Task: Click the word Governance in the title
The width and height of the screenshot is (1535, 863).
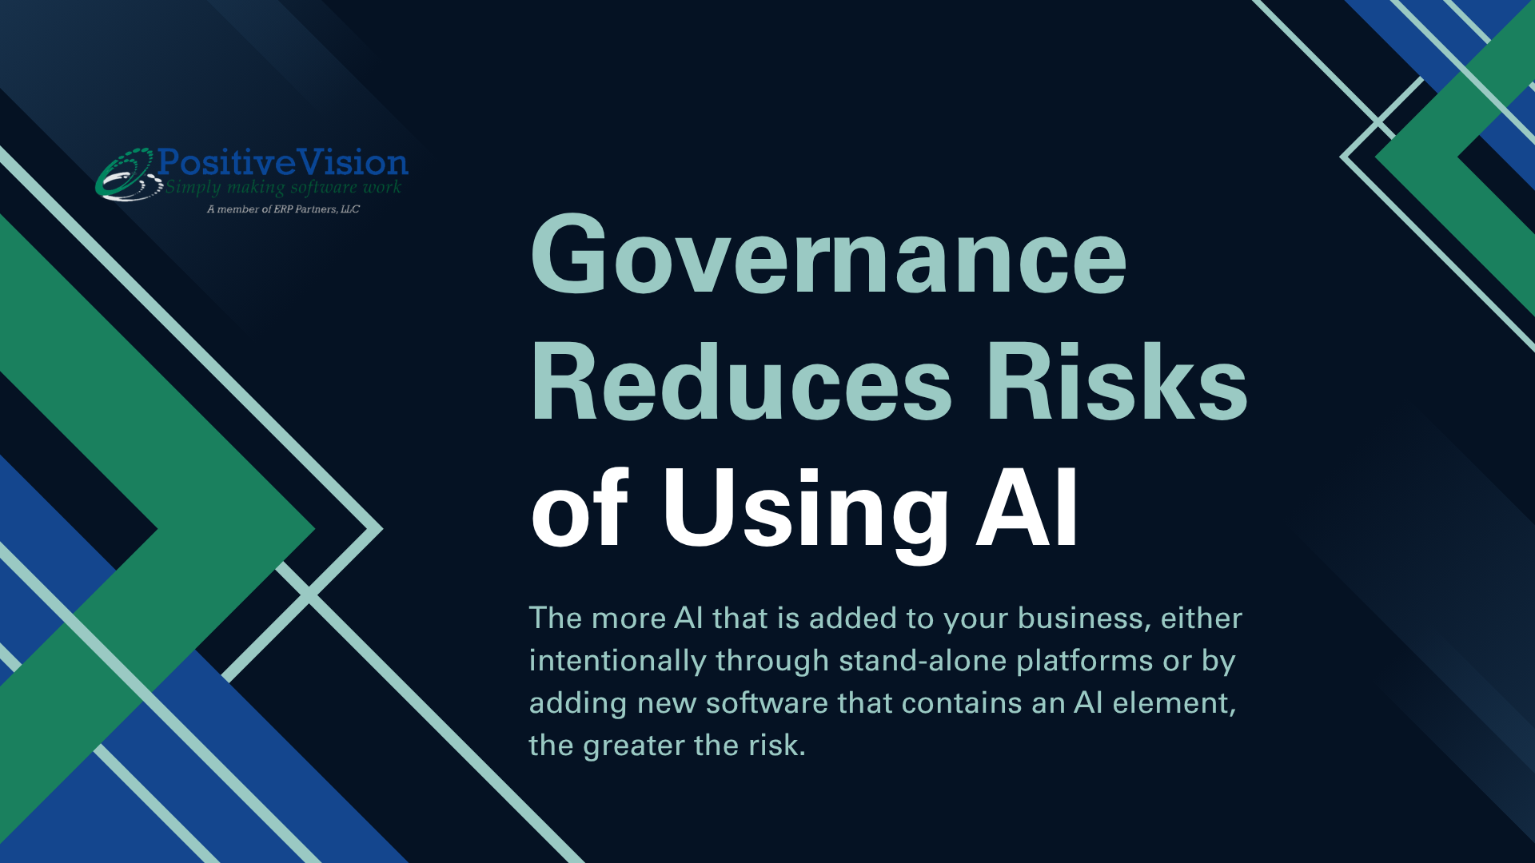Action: click(828, 254)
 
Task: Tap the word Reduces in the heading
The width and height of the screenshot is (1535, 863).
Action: click(741, 380)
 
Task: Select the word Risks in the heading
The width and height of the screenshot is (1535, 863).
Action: click(1117, 380)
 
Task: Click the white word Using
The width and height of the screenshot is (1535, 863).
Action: click(805, 511)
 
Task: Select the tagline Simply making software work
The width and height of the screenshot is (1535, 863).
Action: click(283, 188)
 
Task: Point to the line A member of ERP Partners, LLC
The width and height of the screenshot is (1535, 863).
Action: click(283, 209)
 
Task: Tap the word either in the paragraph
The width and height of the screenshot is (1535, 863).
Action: click(1202, 618)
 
